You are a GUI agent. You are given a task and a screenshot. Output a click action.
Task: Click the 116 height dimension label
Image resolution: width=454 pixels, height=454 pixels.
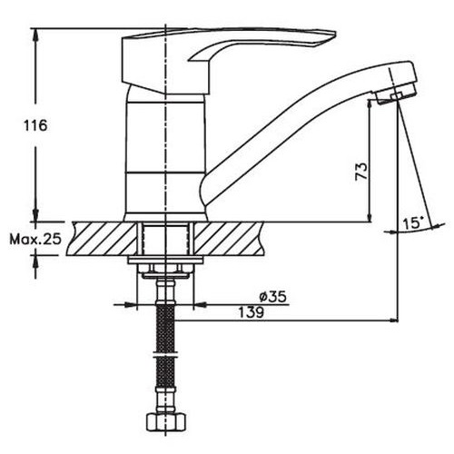point(35,125)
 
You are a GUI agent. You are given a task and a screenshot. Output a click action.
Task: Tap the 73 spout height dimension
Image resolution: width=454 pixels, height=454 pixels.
point(361,172)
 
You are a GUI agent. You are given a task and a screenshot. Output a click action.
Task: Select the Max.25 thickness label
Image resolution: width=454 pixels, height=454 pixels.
point(35,240)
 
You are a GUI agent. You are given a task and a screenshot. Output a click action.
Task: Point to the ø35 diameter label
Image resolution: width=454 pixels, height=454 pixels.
point(272,297)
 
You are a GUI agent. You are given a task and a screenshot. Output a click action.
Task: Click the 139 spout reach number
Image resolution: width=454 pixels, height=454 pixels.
point(252,312)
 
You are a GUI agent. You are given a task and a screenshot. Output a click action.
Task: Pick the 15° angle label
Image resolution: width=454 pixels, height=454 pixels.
point(413,223)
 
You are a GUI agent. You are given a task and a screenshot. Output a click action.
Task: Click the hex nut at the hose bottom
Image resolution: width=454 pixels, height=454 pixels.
point(166,420)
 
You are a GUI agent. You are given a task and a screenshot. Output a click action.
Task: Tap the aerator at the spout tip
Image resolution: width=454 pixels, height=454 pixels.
point(396,93)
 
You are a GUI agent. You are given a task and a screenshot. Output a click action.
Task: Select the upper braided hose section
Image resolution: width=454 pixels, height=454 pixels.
point(165,328)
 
